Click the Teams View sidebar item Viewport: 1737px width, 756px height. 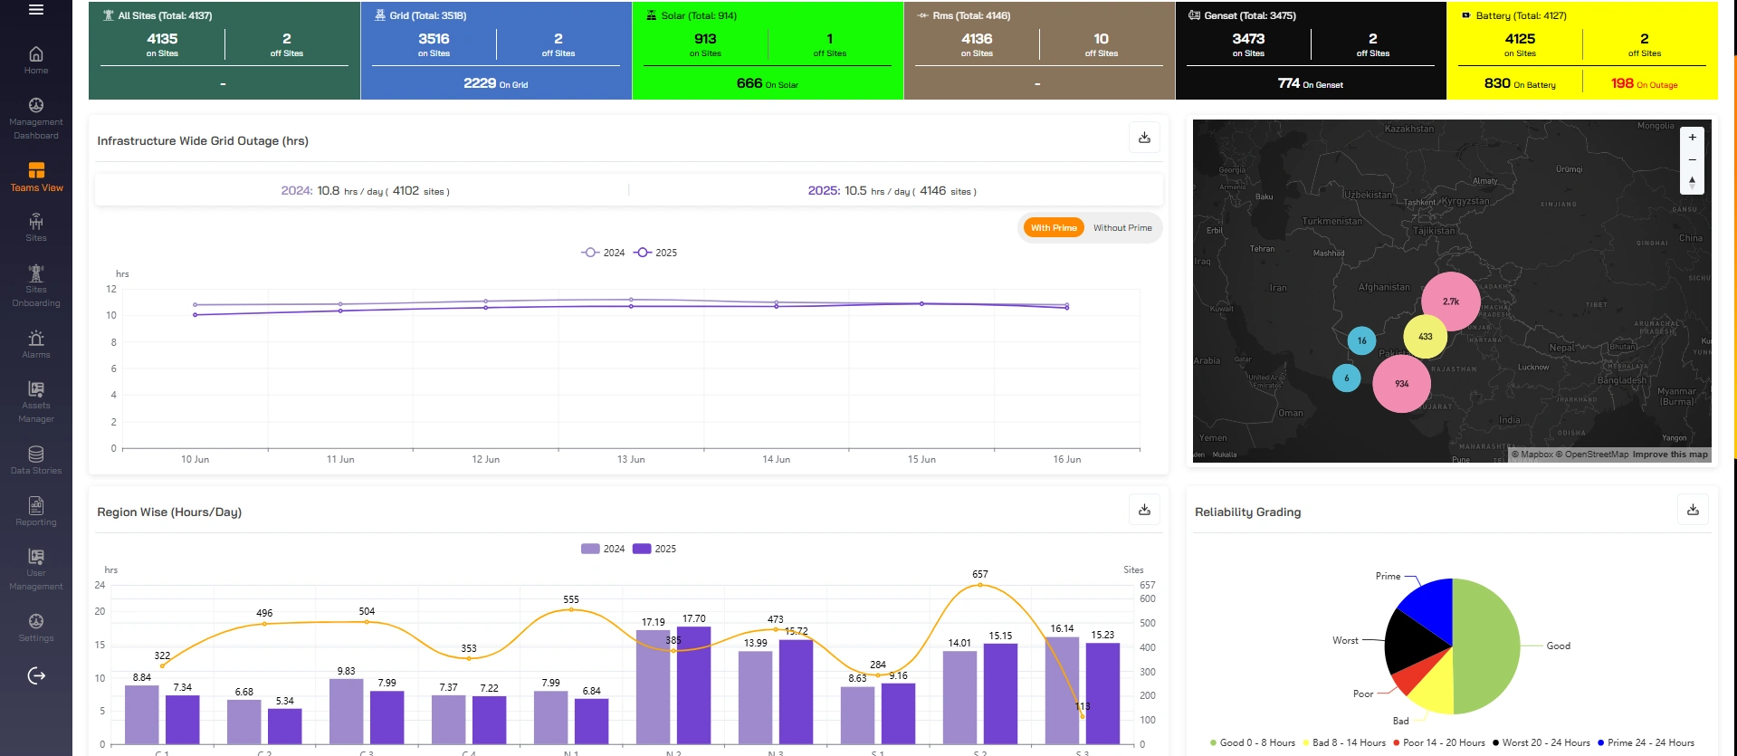pos(36,177)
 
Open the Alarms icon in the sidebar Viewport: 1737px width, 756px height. pos(36,343)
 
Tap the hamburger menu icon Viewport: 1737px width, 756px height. pos(36,10)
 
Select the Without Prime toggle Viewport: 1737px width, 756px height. pos(1122,228)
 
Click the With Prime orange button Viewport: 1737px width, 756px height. pos(1053,228)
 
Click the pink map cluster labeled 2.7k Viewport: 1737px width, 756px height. pos(1450,301)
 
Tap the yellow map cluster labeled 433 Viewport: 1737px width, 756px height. pos(1425,336)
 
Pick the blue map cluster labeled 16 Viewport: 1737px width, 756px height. pos(1361,340)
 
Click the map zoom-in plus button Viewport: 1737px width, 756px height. pos(1692,138)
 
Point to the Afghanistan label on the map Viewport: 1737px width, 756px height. pos(1384,287)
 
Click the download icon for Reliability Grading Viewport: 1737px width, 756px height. pos(1693,510)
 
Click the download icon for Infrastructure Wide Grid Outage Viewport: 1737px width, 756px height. pos(1144,138)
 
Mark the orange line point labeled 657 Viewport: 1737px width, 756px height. pos(979,585)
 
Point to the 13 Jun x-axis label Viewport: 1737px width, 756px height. pos(631,459)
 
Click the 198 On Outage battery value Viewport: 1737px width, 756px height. pos(1644,83)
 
